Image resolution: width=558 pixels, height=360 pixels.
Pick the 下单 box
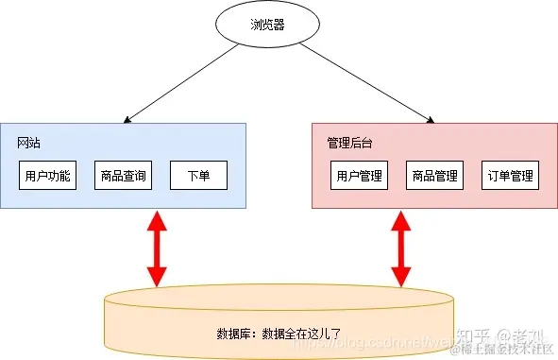198,176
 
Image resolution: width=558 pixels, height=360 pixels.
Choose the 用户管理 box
360,176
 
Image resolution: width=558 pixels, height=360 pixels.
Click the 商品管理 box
434,176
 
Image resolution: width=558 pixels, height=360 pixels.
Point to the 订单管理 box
510,176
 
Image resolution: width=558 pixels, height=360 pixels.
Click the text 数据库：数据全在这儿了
278,334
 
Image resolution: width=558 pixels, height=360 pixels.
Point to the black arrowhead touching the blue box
127,118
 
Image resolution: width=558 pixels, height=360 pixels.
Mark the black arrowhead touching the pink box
430,118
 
